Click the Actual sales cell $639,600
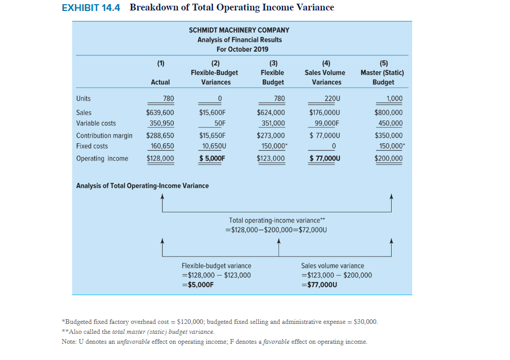coord(160,113)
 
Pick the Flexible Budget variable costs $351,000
coord(272,123)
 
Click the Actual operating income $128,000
coord(160,159)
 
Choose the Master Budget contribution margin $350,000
coord(389,136)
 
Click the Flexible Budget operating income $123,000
coord(271,159)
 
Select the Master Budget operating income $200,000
coord(389,159)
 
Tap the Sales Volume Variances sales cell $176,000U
coord(324,113)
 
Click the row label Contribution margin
coord(104,136)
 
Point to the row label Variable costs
coord(96,123)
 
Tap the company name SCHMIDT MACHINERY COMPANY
coord(239,30)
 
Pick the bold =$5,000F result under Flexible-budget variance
coord(198,285)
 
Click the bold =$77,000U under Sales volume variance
coord(319,285)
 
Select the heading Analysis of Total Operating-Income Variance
coord(142,186)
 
